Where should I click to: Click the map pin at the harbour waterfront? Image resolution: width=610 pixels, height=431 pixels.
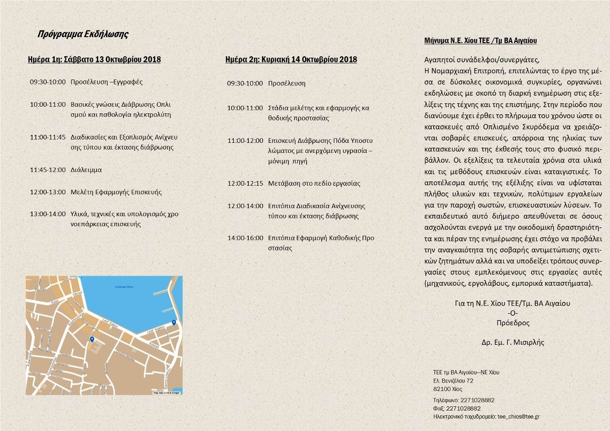click(174, 322)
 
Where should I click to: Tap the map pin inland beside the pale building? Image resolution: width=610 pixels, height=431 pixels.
click(92, 339)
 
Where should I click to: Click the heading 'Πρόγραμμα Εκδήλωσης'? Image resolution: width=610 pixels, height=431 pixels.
click(83, 34)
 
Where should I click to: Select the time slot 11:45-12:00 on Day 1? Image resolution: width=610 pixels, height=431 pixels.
click(48, 170)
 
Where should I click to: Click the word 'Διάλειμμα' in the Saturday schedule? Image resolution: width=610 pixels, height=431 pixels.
click(86, 170)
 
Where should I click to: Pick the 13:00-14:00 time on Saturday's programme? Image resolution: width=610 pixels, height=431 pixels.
click(48, 214)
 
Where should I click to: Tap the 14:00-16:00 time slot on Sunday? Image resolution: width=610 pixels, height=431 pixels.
click(245, 238)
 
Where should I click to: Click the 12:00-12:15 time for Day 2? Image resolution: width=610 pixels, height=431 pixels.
click(245, 183)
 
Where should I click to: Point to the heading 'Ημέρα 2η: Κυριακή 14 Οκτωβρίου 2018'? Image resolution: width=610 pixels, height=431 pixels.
click(291, 60)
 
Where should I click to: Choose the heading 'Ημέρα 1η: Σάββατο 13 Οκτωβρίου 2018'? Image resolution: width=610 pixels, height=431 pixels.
click(94, 60)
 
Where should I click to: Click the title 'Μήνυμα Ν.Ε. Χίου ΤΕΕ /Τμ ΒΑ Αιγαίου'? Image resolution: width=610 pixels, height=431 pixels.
click(480, 41)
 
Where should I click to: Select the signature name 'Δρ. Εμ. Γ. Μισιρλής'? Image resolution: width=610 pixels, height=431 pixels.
click(513, 342)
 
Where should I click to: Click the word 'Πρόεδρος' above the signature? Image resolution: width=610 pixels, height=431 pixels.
click(513, 322)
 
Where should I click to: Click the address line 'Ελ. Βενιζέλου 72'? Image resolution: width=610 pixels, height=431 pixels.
click(453, 381)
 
